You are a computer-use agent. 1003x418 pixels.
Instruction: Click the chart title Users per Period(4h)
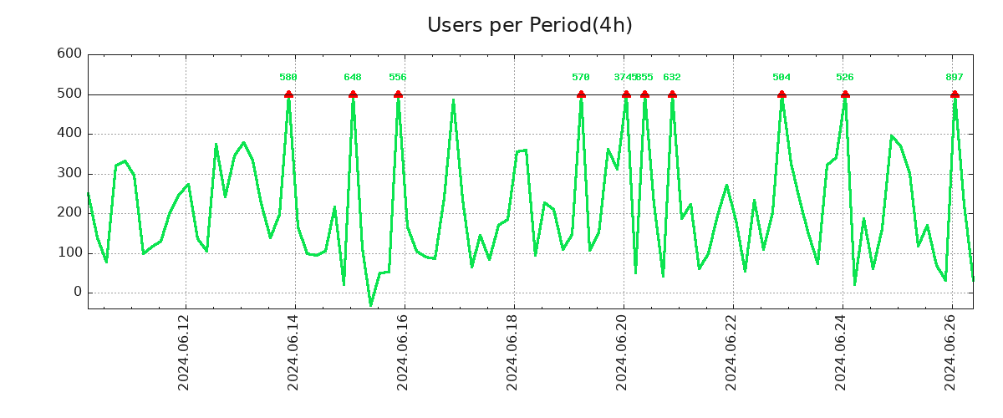coord(529,25)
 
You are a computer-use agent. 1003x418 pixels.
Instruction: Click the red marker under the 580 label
coord(288,94)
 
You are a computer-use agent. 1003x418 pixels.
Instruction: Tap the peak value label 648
coord(353,78)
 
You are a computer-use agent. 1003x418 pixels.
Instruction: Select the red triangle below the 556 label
coord(398,94)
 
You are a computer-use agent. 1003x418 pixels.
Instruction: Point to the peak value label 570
coord(581,78)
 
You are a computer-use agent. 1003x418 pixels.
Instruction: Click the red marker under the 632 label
coord(672,94)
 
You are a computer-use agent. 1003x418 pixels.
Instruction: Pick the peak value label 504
coord(782,78)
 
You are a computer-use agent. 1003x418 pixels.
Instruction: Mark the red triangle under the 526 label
coord(845,94)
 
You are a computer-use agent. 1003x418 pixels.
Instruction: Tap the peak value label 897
coord(955,78)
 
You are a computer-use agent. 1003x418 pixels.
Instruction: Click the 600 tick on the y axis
coord(69,54)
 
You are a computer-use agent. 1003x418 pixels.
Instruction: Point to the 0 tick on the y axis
coord(78,293)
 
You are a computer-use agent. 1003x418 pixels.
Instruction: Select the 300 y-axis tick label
coord(69,174)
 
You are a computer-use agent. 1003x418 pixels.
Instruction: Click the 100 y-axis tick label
coord(69,253)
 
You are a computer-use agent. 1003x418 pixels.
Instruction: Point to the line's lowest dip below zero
coord(371,305)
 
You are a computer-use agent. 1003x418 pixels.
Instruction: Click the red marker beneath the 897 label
coord(955,94)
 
